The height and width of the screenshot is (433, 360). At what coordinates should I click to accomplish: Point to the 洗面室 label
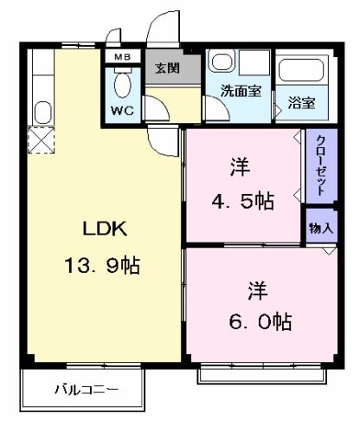(240, 90)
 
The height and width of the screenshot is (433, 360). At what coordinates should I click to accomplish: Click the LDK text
(105, 229)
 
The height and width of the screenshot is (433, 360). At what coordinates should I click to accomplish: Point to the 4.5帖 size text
(243, 202)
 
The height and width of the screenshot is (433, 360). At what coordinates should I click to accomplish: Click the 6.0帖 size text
(260, 322)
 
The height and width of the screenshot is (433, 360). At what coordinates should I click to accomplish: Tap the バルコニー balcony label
(84, 389)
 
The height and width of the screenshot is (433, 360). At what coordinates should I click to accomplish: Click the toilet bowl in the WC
(122, 85)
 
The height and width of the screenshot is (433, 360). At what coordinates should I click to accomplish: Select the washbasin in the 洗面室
(222, 62)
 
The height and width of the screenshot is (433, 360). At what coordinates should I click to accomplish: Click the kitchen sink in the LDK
(41, 113)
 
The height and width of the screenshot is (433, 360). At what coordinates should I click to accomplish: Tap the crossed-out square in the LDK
(40, 141)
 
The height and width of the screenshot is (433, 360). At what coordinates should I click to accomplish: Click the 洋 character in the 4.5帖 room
(240, 165)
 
